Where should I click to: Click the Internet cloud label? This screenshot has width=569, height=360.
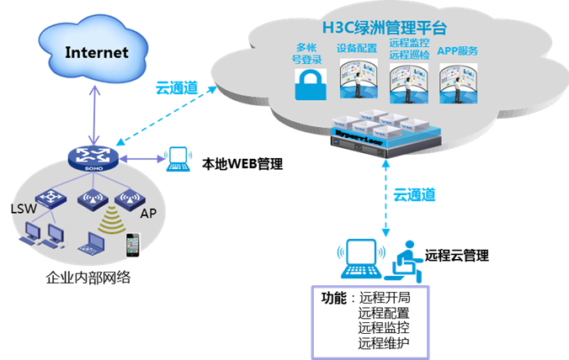97,52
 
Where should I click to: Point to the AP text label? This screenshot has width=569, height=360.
149,213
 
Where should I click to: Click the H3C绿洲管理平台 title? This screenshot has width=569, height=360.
381,29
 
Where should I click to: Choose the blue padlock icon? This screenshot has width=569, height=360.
308,85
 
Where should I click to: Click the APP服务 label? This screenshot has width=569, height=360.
458,50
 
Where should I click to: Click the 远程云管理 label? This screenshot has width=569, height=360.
457,255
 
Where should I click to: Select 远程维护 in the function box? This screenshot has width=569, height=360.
384,342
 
